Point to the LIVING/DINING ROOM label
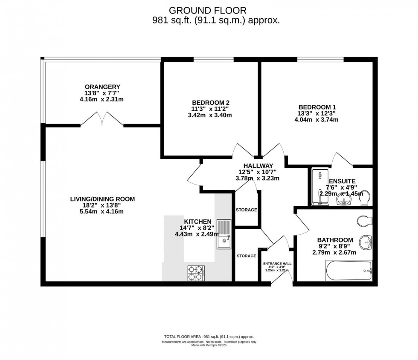(x=102, y=199)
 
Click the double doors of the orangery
(x=102, y=119)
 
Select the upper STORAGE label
(x=247, y=210)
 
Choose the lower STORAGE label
(x=247, y=256)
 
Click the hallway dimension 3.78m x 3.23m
(x=258, y=178)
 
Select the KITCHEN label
(x=197, y=222)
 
